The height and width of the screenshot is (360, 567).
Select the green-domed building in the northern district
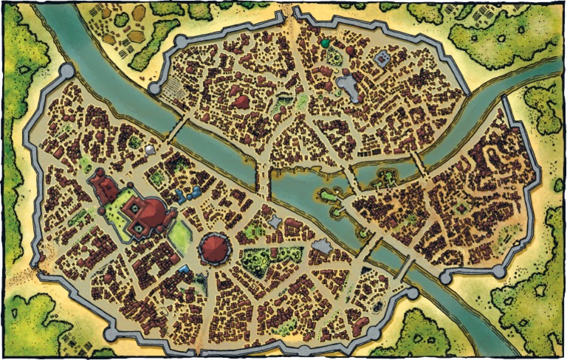coord(323,44)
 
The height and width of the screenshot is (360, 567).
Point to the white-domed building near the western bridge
coord(151,150)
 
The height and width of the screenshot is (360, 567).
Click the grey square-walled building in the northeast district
coord(383,58)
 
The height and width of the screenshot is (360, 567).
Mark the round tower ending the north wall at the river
coord(154,88)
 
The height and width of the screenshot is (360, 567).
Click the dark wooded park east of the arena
coord(256,260)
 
